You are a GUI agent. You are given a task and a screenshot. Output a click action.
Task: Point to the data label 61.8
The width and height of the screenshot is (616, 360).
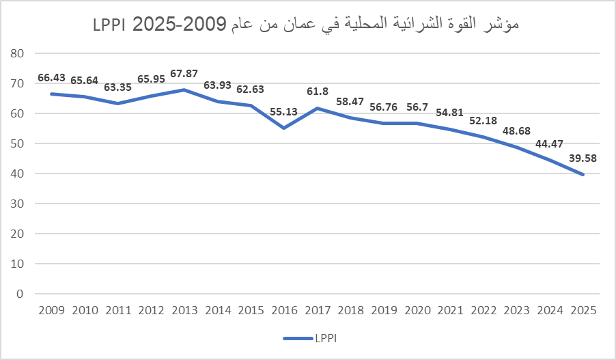318,92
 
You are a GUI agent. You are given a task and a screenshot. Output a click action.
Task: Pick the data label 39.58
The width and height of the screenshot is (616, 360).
584,159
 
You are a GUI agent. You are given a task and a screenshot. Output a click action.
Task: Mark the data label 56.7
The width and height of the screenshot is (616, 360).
417,107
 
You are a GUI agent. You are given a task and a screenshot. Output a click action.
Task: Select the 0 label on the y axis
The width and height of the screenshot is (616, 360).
20,294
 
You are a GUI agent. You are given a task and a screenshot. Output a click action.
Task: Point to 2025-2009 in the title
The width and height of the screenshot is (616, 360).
179,25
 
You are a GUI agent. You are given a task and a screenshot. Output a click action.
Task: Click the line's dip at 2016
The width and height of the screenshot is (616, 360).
284,128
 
